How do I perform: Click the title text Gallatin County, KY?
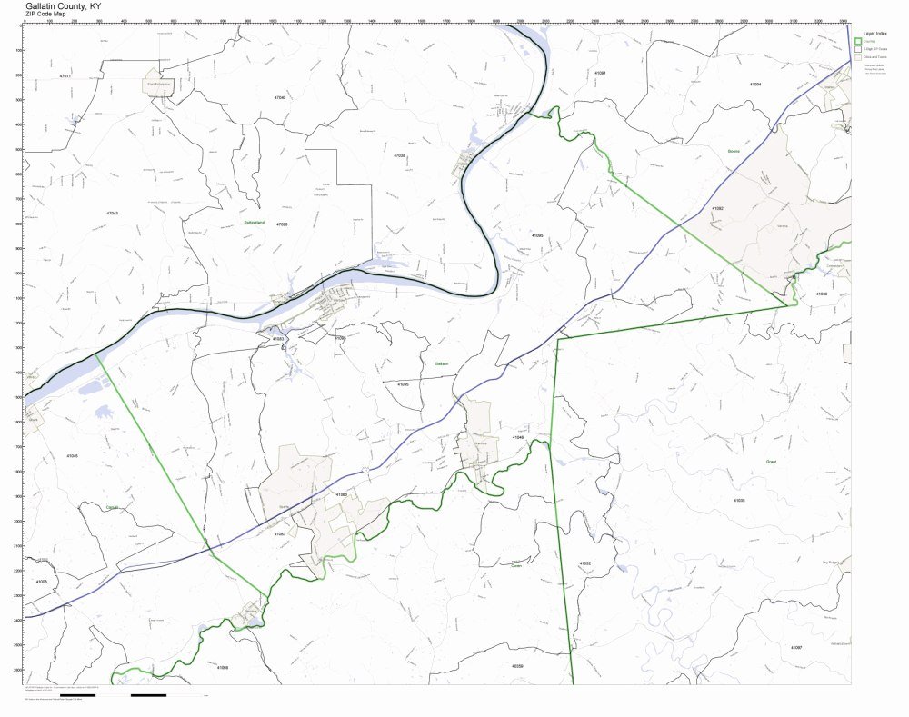63,5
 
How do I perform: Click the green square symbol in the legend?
858,42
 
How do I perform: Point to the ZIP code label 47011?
65,75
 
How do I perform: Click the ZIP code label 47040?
280,96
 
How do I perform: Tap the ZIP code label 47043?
112,213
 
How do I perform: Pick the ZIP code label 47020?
282,224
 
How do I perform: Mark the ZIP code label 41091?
600,72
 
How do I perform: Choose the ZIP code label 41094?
755,84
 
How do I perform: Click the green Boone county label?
734,151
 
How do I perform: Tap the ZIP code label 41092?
718,208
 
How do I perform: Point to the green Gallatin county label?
442,363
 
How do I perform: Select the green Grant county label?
773,462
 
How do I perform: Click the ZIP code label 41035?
739,500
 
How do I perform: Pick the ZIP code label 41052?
584,563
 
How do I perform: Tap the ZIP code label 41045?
72,455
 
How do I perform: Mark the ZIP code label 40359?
517,666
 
